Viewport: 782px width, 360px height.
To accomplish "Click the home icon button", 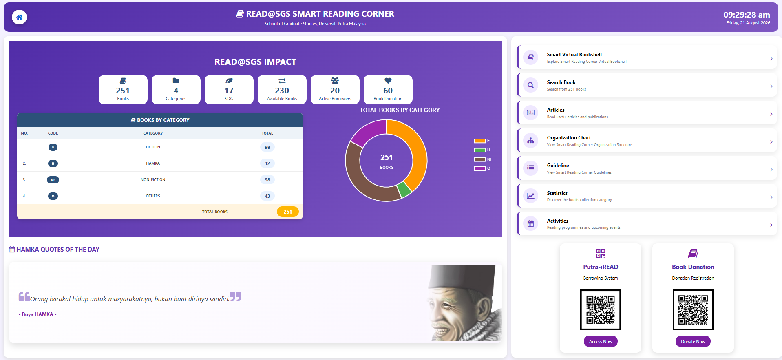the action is pos(19,17).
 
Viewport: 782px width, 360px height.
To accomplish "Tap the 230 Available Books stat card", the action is pos(282,90).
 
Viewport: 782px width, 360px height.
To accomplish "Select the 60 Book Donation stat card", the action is pos(388,90).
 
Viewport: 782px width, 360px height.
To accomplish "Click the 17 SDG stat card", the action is pos(229,90).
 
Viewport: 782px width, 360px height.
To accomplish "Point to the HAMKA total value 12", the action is pos(267,163).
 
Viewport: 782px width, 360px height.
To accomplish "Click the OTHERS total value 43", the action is pos(267,196).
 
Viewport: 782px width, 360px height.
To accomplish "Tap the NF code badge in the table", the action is pos(53,180).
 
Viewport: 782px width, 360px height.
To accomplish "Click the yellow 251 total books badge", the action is pos(287,212).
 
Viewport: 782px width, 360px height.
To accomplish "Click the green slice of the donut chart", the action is pos(404,189).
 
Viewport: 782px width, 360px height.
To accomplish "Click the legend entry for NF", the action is pos(483,159).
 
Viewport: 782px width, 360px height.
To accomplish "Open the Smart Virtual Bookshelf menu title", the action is pos(574,55).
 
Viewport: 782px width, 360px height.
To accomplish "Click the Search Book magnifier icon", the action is pos(530,85).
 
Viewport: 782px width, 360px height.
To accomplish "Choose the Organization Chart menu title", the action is pos(569,138).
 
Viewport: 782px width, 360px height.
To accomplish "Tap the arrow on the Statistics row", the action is pos(771,197).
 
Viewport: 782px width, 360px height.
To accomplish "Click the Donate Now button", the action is pos(693,342).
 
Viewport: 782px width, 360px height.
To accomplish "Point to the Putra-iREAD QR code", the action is pos(600,310).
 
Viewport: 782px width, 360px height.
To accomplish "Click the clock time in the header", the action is pos(747,15).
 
